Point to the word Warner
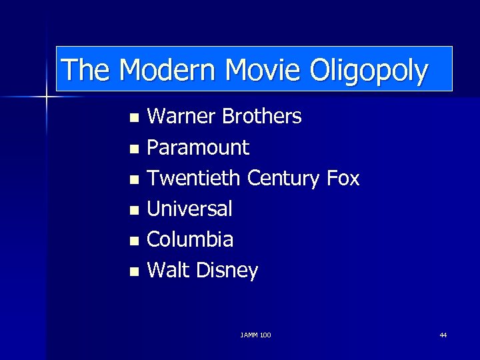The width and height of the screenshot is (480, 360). coord(181,117)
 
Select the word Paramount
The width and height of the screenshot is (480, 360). coord(197,147)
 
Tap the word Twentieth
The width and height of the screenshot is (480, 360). coord(194,178)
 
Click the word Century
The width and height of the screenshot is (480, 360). coord(284,179)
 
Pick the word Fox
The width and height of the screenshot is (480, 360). coord(343,178)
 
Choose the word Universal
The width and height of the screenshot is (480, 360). coord(189,209)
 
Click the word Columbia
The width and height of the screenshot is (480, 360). coord(190,239)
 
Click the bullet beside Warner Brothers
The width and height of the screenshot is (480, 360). coord(135,119)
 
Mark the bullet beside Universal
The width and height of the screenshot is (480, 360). coord(135,211)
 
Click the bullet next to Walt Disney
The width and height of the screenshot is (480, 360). coord(135,272)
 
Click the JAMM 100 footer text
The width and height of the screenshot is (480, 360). coord(255,335)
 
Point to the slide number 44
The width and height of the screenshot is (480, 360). coord(443,335)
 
